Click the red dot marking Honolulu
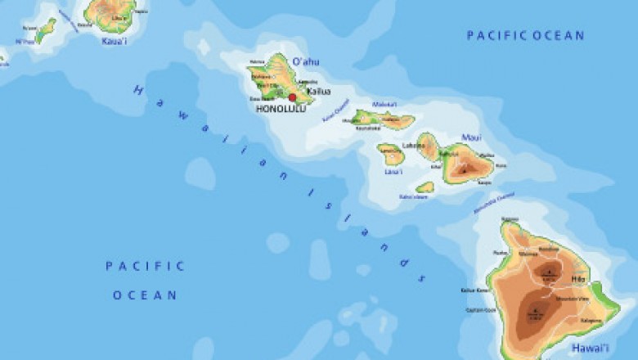tap(292, 97)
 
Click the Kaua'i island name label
tap(115, 40)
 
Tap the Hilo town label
tap(579, 279)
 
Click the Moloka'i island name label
tap(384, 105)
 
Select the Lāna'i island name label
tap(393, 172)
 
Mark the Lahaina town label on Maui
tap(414, 146)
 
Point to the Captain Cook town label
tap(480, 310)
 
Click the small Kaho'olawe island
tap(425, 187)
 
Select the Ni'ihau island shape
tap(45, 30)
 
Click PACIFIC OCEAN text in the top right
tap(525, 35)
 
